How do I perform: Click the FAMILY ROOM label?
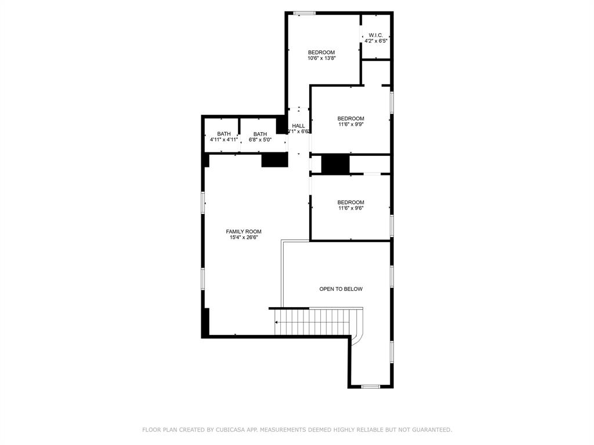244,231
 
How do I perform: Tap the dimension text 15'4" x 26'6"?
244,237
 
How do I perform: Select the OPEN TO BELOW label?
341,289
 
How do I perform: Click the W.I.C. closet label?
376,35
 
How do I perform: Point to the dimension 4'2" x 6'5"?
376,41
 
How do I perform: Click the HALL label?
298,126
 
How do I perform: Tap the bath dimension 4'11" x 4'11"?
224,140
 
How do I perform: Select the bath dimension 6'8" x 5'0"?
260,140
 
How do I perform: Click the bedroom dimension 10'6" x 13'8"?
321,58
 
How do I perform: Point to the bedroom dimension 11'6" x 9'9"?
351,124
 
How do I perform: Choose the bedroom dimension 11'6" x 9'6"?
351,208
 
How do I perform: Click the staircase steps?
313,322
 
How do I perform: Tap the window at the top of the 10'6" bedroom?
304,13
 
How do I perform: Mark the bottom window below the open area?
370,386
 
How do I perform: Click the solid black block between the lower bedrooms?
335,164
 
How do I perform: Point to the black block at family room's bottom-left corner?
205,322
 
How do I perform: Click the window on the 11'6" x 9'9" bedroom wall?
392,102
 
